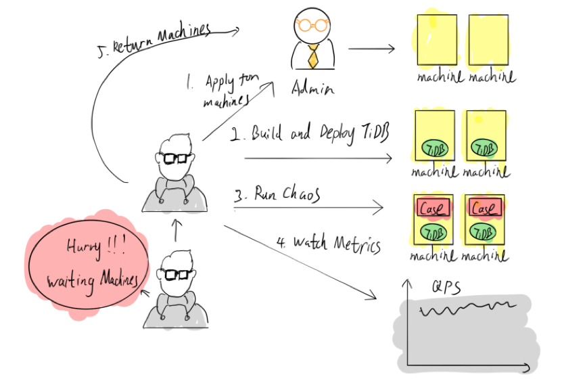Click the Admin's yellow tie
click(312, 56)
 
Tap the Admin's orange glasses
click(311, 25)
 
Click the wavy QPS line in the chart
click(467, 310)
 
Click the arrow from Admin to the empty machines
click(371, 49)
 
